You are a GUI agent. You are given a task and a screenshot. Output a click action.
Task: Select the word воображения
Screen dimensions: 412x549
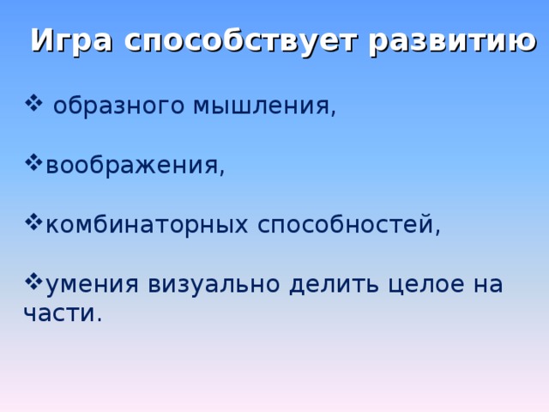(134, 166)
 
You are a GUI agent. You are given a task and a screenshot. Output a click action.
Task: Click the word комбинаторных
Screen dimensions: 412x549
(145, 225)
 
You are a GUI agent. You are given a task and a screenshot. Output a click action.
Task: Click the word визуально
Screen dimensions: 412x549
(214, 284)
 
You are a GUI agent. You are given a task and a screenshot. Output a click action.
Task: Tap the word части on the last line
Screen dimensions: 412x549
(59, 314)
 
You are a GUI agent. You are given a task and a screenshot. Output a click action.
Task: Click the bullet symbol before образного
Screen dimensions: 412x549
(34, 104)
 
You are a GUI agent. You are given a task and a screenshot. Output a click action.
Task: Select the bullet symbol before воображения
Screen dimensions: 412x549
(34, 163)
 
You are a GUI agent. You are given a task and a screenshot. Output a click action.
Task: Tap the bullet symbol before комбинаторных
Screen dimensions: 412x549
(34, 222)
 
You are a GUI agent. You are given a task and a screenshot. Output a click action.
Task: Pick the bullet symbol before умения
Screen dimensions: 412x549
(34, 281)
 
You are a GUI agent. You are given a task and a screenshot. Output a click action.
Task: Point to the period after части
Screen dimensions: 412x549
(99, 321)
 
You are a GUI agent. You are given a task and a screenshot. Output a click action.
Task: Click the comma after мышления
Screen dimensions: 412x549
(332, 114)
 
